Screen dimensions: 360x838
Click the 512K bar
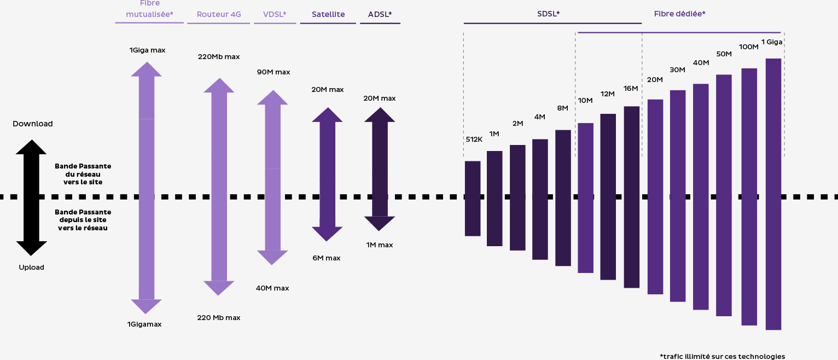pyautogui.click(x=473, y=199)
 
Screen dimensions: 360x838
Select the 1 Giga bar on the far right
pyautogui.click(x=773, y=194)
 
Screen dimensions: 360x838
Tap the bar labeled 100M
pyautogui.click(x=749, y=196)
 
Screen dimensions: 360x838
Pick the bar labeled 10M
pyautogui.click(x=585, y=198)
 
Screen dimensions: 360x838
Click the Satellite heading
pyautogui.click(x=328, y=14)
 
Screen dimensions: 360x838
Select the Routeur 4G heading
pyautogui.click(x=218, y=14)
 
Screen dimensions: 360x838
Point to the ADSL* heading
pyautogui.click(x=380, y=14)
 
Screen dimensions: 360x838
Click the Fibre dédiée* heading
pyautogui.click(x=679, y=14)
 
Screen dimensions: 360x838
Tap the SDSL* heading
pyautogui.click(x=548, y=14)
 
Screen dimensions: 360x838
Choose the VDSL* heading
pyautogui.click(x=275, y=14)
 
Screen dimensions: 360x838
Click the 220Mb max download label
pyautogui.click(x=219, y=56)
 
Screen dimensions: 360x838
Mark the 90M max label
pyautogui.click(x=273, y=72)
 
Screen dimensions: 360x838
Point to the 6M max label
pyautogui.click(x=327, y=258)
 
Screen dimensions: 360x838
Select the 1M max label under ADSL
pyautogui.click(x=380, y=245)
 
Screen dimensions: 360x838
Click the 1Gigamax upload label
pyautogui.click(x=144, y=324)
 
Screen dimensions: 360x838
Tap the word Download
pyautogui.click(x=33, y=124)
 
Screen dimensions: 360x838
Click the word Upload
pyautogui.click(x=31, y=268)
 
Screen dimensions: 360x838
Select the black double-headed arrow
pyautogui.click(x=31, y=198)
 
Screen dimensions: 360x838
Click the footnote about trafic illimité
pyautogui.click(x=722, y=356)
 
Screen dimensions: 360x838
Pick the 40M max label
pyautogui.click(x=272, y=288)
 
